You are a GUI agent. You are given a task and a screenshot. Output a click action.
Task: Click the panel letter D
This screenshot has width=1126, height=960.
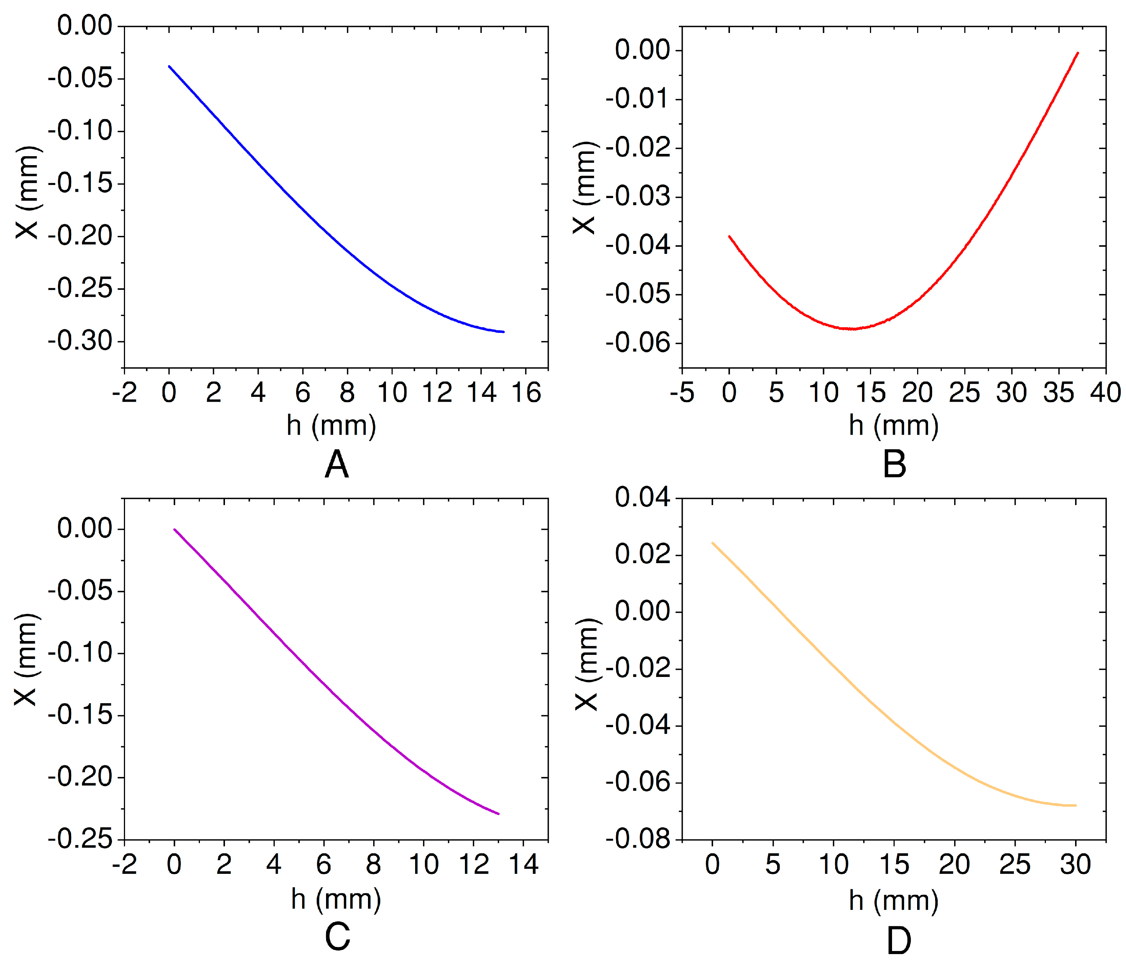(x=898, y=941)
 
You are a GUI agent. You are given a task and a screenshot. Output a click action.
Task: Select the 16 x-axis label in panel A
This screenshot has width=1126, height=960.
(x=526, y=392)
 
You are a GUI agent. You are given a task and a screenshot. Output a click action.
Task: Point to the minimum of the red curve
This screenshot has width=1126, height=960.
(x=853, y=329)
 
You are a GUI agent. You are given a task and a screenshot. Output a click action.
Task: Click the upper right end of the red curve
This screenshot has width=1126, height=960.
(x=1078, y=53)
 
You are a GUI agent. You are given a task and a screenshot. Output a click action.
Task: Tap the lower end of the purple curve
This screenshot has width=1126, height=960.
(x=498, y=814)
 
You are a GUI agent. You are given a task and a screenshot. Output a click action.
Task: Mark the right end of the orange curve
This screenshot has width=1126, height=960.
(x=1075, y=805)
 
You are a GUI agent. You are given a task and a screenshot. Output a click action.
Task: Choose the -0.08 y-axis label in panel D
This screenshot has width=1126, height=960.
(x=638, y=840)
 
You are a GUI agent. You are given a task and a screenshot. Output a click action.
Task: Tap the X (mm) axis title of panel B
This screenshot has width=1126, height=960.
(x=586, y=188)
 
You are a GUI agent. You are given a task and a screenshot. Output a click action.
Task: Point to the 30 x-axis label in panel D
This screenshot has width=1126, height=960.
(x=1075, y=864)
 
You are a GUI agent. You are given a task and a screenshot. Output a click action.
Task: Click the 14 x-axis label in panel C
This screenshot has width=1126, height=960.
(x=523, y=864)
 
